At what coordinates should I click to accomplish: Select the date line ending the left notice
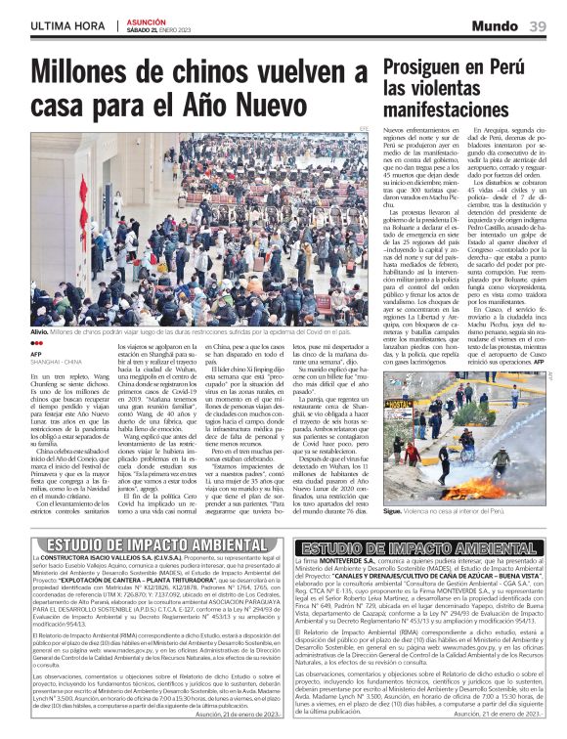[x=236, y=715]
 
